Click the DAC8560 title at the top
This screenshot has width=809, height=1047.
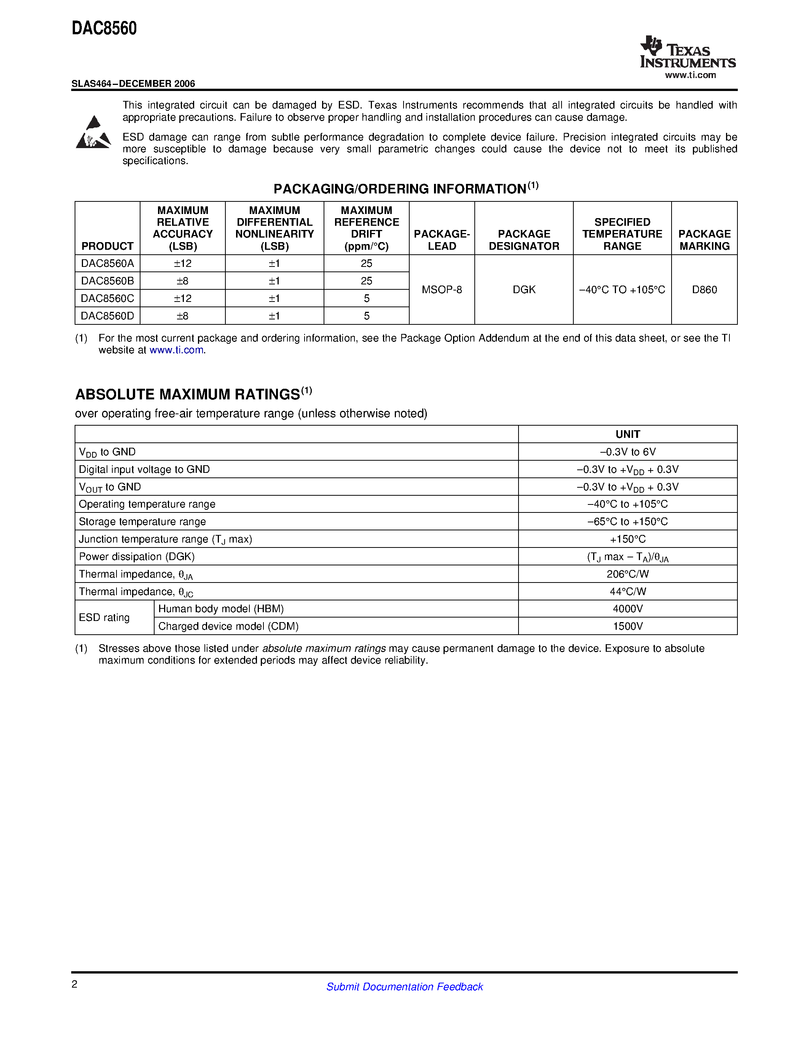[x=104, y=29]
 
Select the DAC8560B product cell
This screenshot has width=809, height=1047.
[x=107, y=281]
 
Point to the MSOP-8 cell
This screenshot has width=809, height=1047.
[x=441, y=290]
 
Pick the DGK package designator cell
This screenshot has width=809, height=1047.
[x=524, y=290]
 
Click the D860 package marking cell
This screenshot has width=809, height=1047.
[x=704, y=290]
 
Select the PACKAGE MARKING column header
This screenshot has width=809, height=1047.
[x=704, y=240]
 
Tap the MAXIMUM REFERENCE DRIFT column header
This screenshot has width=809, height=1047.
[x=366, y=228]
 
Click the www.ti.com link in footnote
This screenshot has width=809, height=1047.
[x=176, y=350]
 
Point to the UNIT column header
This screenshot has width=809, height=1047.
[x=627, y=434]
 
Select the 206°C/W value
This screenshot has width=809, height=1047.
[x=627, y=574]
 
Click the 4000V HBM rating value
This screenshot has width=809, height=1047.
[x=627, y=609]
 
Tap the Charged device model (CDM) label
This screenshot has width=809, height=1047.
[x=228, y=626]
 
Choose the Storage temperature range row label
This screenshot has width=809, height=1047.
[x=142, y=522]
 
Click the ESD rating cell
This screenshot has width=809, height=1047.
[x=104, y=618]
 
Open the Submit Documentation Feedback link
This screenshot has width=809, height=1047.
[x=404, y=986]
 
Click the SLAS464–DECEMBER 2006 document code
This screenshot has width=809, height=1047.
[x=133, y=83]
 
